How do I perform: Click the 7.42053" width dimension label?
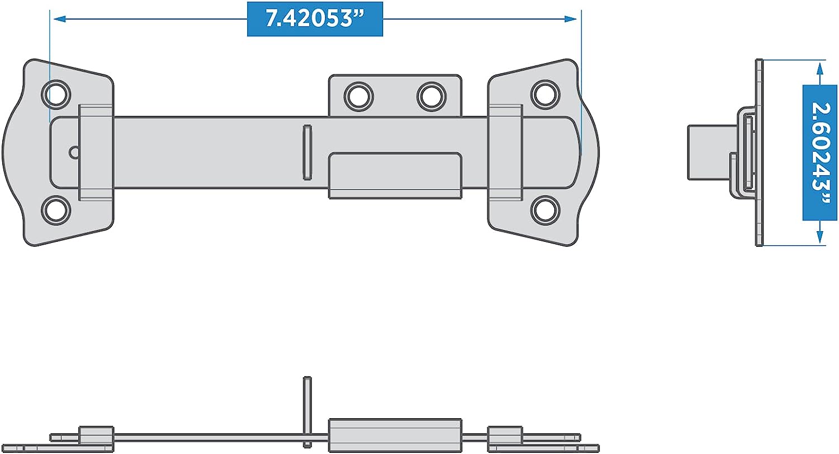click(315, 19)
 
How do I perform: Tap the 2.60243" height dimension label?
click(820, 153)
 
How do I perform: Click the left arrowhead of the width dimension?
click(60, 18)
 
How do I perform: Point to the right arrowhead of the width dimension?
click(570, 18)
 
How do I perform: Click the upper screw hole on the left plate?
click(56, 94)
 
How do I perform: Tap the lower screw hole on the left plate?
click(56, 210)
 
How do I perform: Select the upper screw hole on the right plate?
click(545, 95)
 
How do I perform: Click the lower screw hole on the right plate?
click(545, 210)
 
